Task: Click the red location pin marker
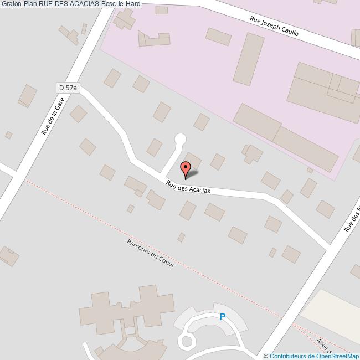coord(186,168)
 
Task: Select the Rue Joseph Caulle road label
coord(274,26)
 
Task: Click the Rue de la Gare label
coord(53,116)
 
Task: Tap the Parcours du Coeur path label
coord(151,253)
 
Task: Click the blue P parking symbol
coord(223,317)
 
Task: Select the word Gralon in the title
coord(11,4)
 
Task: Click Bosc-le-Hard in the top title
coord(121,4)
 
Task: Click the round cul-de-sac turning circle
coord(180,139)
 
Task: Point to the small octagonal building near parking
coord(187,340)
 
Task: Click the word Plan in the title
coord(31,4)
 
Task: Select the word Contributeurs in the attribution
coord(288,356)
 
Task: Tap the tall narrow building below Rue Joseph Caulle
coord(249,58)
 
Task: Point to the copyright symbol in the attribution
coord(266,356)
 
